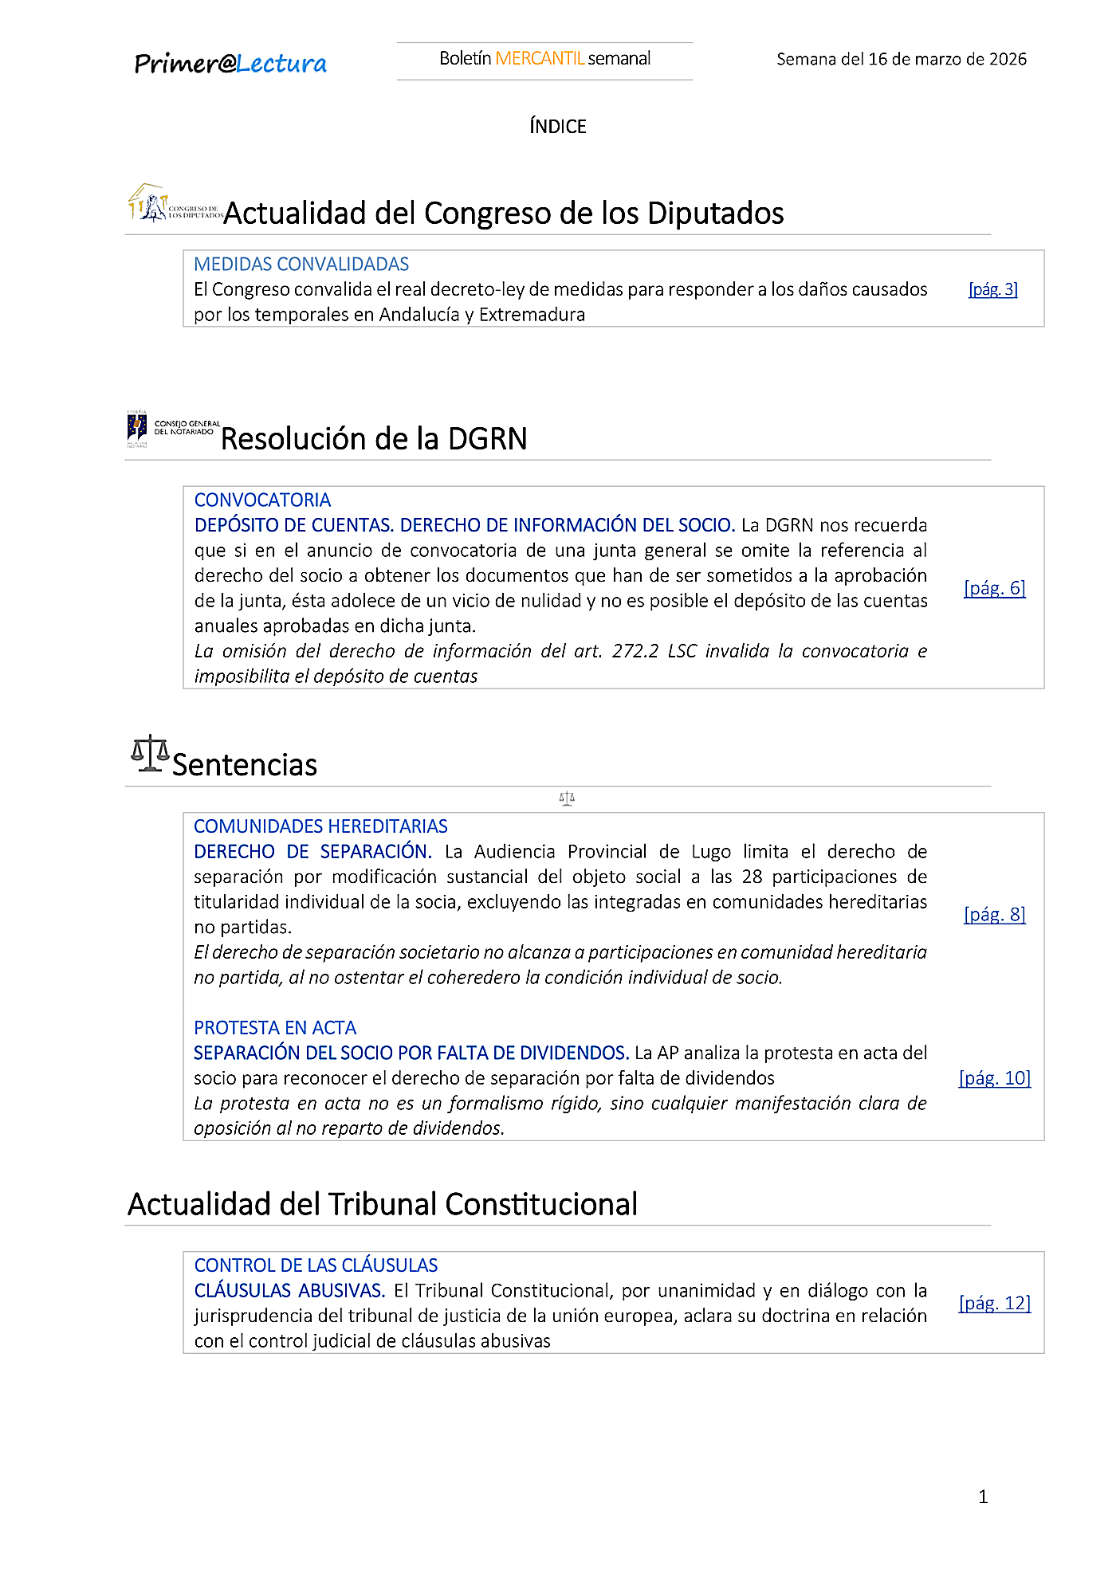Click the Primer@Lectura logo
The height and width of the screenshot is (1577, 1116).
pos(230,63)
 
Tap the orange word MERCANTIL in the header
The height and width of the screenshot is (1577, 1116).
pos(540,58)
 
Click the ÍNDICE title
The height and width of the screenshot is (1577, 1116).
pos(558,126)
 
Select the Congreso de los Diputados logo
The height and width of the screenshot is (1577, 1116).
pos(175,204)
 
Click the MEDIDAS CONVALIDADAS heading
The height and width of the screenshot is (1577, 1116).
pos(301,264)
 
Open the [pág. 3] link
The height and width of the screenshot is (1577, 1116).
pos(992,289)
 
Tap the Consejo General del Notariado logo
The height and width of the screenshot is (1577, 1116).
pos(173,429)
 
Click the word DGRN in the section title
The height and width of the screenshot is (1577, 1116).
pos(487,439)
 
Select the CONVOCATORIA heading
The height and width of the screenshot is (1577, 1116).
pos(262,500)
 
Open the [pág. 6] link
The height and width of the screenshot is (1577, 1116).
pos(994,588)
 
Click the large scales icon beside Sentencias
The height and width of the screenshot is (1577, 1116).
pos(150,754)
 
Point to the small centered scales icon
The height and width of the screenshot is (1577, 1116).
pos(567,798)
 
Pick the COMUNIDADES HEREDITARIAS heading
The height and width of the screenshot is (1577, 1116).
pos(320,826)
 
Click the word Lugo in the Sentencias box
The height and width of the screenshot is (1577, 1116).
pos(711,851)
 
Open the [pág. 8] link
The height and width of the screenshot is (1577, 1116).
pos(994,914)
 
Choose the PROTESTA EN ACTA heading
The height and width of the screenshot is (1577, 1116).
pos(275,1028)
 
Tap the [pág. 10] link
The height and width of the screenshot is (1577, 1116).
pos(994,1078)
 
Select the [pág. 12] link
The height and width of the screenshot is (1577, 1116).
pos(994,1303)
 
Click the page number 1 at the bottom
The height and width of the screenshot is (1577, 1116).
pos(983,1497)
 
